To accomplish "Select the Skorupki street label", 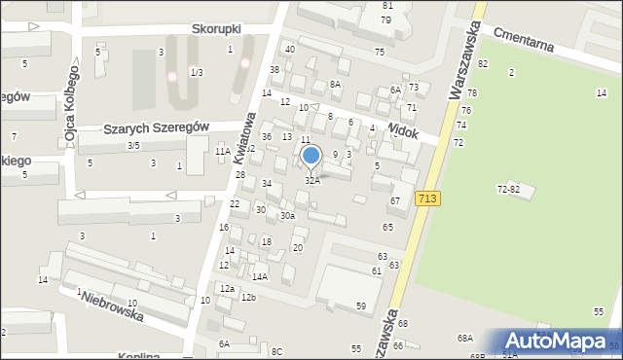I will click(x=215, y=29).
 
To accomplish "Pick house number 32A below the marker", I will click(x=311, y=181).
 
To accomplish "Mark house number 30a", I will click(x=287, y=216).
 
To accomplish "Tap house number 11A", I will click(x=223, y=151).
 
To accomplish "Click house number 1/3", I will click(x=197, y=72).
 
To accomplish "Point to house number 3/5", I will click(x=133, y=146).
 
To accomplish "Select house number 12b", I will click(x=248, y=297).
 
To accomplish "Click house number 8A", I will click(x=335, y=85).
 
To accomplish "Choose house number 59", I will click(x=361, y=306).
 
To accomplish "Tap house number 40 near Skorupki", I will click(x=289, y=49).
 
